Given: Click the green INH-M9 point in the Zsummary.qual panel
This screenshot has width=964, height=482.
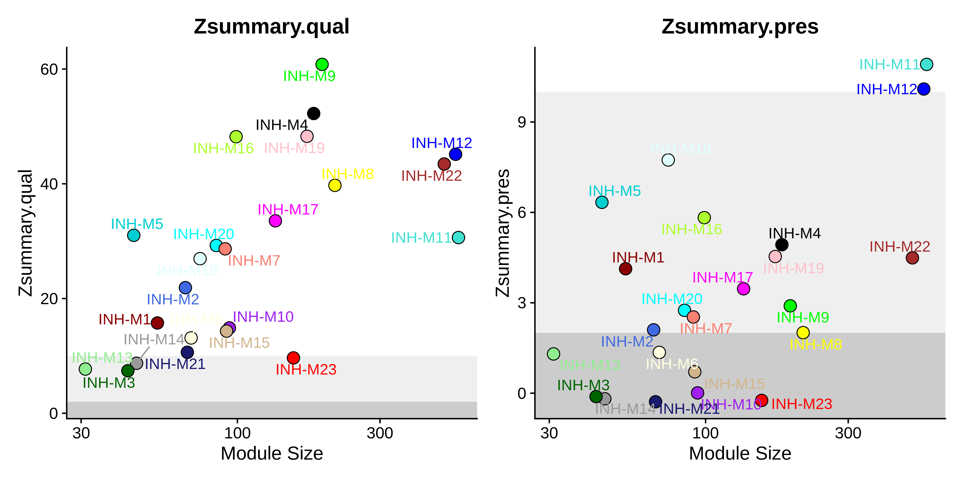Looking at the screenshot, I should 322,64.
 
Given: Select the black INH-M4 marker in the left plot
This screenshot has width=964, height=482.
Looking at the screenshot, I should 314,113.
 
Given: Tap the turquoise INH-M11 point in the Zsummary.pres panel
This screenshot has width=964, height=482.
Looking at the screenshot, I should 927,64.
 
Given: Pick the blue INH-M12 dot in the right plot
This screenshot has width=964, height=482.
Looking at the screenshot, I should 924,89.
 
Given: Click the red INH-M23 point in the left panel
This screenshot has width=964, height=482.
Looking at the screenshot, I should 293,358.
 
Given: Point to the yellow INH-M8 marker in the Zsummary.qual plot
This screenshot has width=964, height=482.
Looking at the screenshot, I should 335,185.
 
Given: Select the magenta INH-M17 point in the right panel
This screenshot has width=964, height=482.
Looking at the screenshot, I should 743,288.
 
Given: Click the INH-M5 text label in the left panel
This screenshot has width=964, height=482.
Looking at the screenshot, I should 137,224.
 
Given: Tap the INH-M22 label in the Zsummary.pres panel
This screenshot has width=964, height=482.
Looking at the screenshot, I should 900,246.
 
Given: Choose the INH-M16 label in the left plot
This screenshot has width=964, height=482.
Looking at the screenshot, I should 223,148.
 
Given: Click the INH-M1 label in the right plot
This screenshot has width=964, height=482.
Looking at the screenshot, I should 638,257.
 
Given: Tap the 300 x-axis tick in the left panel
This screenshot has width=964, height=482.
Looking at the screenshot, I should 380,433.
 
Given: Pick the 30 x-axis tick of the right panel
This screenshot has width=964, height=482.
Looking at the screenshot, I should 549,433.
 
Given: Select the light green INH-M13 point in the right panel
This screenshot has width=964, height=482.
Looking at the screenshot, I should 554,354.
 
